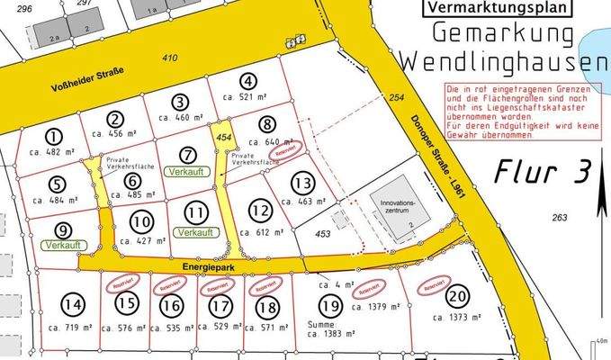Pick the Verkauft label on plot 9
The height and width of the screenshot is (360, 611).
point(62,244)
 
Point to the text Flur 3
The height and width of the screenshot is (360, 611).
point(542,169)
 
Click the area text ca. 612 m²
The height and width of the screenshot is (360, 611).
point(261,232)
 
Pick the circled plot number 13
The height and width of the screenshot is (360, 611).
point(302,184)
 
